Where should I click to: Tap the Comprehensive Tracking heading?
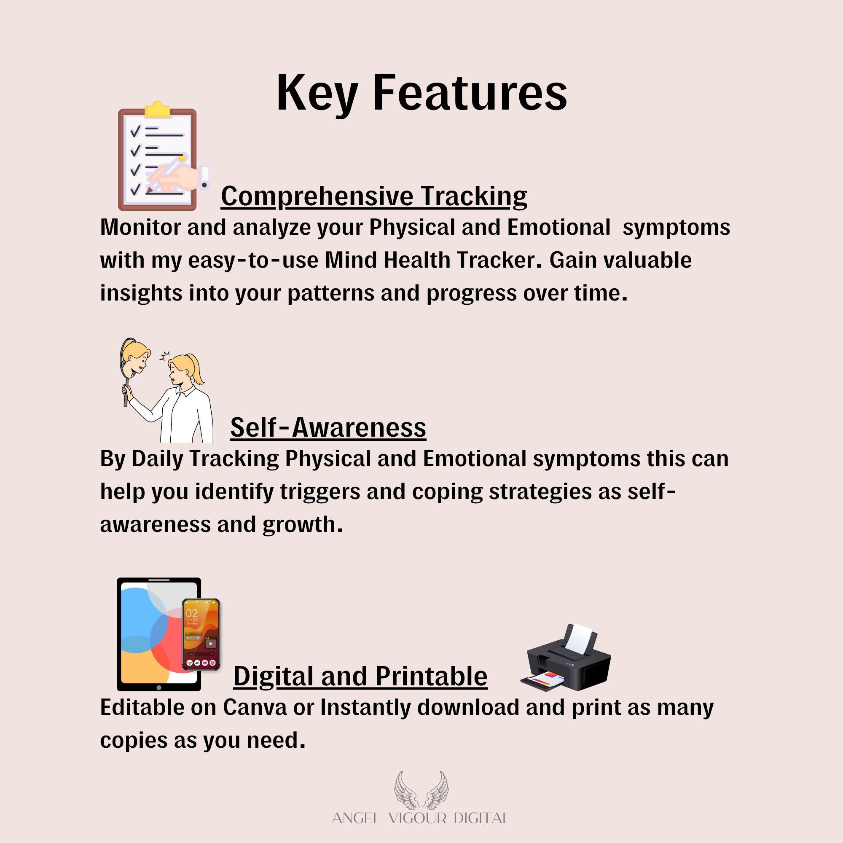tap(374, 197)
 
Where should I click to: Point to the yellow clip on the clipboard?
tap(157, 110)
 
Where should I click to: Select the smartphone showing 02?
tap(201, 634)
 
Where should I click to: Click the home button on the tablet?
tap(159, 687)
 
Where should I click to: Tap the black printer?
tap(566, 658)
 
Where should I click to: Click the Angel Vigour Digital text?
tap(421, 818)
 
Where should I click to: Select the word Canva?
tap(255, 707)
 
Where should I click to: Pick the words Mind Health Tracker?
tap(430, 260)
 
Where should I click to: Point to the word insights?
tap(141, 293)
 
